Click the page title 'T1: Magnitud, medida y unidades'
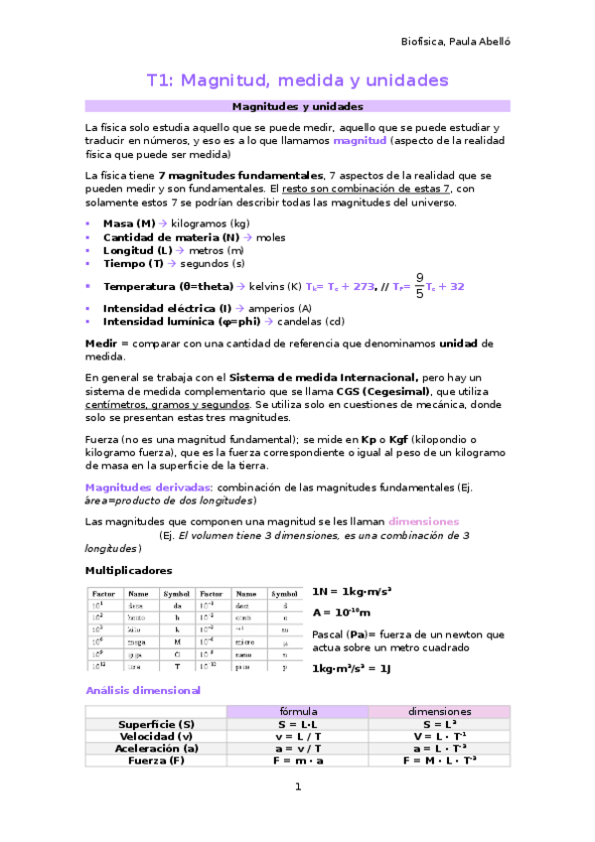pos(297,79)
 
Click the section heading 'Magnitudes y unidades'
pos(297,105)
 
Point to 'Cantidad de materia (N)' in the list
pos(170,237)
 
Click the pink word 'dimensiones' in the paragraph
pos(423,520)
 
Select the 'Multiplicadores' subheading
pos(129,570)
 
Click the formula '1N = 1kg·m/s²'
pos(352,591)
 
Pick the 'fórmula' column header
pos(297,712)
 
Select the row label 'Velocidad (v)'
pos(156,737)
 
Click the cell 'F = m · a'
pos(297,761)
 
